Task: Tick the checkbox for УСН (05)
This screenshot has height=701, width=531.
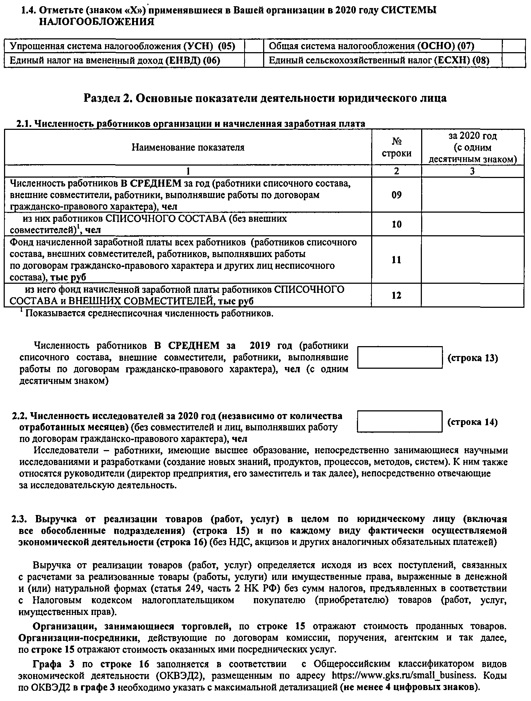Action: (254, 46)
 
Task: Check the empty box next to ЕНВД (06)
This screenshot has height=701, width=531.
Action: (254, 60)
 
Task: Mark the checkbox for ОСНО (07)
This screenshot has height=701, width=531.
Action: (513, 46)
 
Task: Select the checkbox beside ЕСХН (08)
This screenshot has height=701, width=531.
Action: (513, 60)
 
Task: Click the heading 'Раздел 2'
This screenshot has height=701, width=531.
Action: (265, 98)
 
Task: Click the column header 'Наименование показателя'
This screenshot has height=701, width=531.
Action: (188, 147)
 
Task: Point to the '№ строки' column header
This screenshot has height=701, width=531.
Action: (396, 147)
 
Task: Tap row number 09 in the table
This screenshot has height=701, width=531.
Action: (396, 195)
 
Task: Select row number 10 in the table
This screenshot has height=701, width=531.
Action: (396, 224)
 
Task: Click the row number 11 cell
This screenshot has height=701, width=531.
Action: (396, 260)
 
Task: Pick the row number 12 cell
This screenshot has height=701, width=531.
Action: (396, 295)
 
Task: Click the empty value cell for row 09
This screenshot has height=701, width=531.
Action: (473, 195)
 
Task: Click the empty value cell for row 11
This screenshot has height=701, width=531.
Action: (473, 260)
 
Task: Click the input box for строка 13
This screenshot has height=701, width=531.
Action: (400, 357)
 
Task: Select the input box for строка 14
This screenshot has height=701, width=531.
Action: (400, 422)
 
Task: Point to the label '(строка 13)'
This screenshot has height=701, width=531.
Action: (473, 358)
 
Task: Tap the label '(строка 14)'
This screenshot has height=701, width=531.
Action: (473, 422)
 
